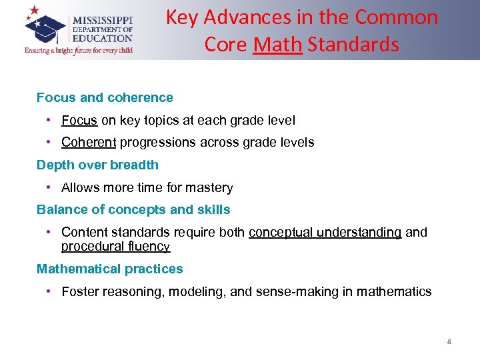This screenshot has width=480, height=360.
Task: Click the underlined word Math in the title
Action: pos(278,45)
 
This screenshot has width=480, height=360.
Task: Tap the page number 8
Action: pos(449,342)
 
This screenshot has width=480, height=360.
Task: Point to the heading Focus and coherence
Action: pos(105,98)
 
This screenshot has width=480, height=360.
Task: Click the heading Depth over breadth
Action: pos(97,165)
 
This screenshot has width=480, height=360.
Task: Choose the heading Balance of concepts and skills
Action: pos(133,210)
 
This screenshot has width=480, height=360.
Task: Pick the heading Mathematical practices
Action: pos(109,269)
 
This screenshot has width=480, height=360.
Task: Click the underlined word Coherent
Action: pos(89,143)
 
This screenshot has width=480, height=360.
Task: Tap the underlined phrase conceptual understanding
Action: pos(325,233)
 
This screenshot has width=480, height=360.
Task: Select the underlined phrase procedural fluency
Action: pos(115,247)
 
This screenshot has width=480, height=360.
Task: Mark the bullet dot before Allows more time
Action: pos(50,188)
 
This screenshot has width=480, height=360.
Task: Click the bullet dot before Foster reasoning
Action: pos(50,292)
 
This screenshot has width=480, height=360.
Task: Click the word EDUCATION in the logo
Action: pos(103,39)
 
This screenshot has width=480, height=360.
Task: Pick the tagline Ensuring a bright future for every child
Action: pos(78,51)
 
